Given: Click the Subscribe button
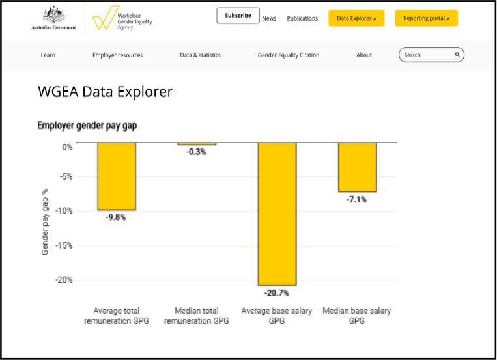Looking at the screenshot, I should pyautogui.click(x=238, y=16).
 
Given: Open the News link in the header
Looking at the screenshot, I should pyautogui.click(x=269, y=18).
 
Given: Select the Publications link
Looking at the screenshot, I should pyautogui.click(x=302, y=18).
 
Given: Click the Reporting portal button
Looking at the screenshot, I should pyautogui.click(x=426, y=18).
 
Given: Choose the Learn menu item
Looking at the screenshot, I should pyautogui.click(x=48, y=55).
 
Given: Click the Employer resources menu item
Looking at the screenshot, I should pyautogui.click(x=117, y=55).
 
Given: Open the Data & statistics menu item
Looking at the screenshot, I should pyautogui.click(x=200, y=55).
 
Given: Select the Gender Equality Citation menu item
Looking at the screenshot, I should pyautogui.click(x=289, y=55).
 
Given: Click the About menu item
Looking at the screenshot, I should pyautogui.click(x=364, y=55).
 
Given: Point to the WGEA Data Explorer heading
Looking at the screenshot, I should pyautogui.click(x=105, y=92).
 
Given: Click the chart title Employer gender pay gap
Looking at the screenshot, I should pyautogui.click(x=87, y=126).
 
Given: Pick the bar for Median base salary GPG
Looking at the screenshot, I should pyautogui.click(x=357, y=167).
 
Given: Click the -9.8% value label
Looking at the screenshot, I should pyautogui.click(x=116, y=217).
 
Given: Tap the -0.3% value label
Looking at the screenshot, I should pyautogui.click(x=196, y=152).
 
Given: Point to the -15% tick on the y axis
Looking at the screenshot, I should pyautogui.click(x=63, y=246).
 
